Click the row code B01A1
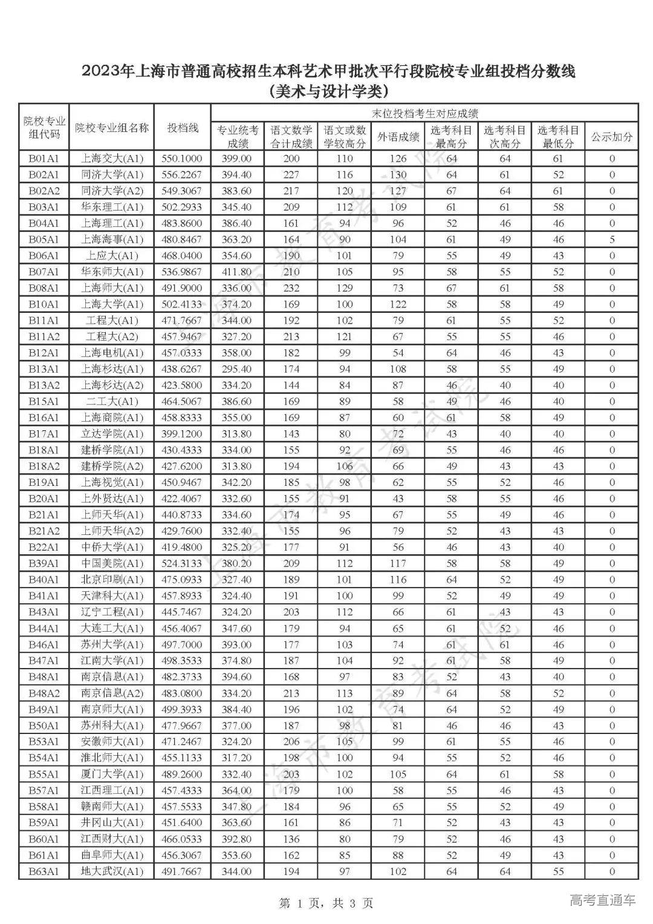tap(44, 159)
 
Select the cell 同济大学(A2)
tap(112, 191)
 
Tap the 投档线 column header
tap(183, 128)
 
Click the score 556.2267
tap(182, 175)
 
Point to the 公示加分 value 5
tap(612, 240)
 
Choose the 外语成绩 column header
tap(398, 137)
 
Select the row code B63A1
tap(44, 871)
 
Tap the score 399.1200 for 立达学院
tap(182, 434)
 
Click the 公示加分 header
tap(612, 137)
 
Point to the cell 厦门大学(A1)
tap(112, 774)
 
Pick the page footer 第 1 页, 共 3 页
tap(326, 903)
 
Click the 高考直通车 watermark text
tap(603, 900)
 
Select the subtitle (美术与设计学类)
tap(327, 92)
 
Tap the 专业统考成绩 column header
tap(238, 137)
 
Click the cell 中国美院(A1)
tap(112, 563)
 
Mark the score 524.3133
tap(182, 563)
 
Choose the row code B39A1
tap(44, 563)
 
